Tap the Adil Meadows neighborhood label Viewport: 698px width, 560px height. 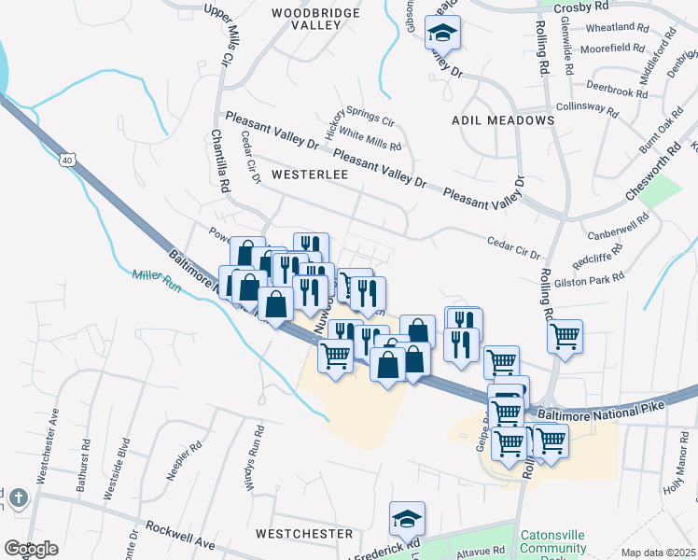tap(502, 120)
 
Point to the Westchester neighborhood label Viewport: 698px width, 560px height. tap(304, 534)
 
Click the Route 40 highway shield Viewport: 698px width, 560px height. tap(67, 160)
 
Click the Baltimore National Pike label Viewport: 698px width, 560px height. tap(612, 409)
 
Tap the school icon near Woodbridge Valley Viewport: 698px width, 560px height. tap(443, 34)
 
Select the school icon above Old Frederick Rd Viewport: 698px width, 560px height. tap(407, 518)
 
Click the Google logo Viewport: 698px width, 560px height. tap(31, 549)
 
